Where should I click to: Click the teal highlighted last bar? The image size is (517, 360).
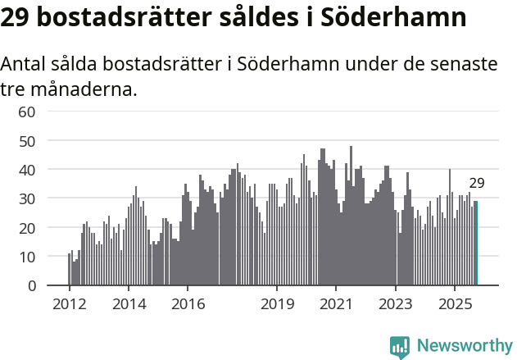(475, 244)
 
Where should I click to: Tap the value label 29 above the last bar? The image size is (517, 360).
(477, 184)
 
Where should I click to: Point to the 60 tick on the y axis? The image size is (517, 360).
(27, 112)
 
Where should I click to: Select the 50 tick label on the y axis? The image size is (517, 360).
(27, 140)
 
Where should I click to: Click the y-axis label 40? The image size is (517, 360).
(27, 170)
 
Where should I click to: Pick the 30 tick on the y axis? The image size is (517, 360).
(27, 198)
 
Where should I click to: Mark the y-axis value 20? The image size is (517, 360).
(27, 227)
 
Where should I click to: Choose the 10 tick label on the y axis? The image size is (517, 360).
(27, 257)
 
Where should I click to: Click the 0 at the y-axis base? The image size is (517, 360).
(31, 285)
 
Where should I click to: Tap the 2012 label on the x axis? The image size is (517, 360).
(69, 304)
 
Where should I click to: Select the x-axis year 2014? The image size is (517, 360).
(129, 304)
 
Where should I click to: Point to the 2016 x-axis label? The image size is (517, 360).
(188, 304)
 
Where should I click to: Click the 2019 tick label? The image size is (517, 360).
(277, 304)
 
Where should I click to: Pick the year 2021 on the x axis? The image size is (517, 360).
(337, 304)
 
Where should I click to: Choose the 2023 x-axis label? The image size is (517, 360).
(396, 304)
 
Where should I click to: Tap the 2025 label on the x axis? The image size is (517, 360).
(456, 304)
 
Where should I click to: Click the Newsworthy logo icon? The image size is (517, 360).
(400, 346)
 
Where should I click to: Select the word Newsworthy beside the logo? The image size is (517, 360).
(464, 346)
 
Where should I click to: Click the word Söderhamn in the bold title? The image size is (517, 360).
(383, 17)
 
